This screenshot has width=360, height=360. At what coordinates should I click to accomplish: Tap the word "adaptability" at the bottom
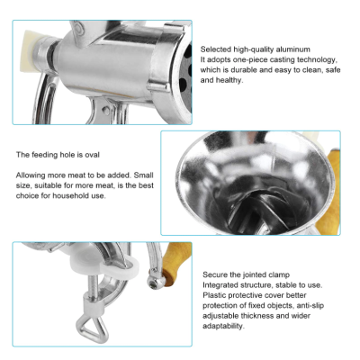[x=222, y=326]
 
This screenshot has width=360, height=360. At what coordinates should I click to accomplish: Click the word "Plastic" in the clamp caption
[x=214, y=295]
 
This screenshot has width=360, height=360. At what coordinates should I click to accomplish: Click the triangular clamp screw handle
[x=93, y=329]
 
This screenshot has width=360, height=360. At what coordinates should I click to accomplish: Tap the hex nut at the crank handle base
[x=154, y=283]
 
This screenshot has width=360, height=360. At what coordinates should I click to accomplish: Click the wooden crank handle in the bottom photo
[x=176, y=263]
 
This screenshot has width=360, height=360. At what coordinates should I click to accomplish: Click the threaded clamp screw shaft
[x=93, y=287]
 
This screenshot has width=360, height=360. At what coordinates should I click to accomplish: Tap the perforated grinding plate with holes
[x=185, y=78]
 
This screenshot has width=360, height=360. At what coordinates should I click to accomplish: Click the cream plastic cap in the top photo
[x=32, y=51]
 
